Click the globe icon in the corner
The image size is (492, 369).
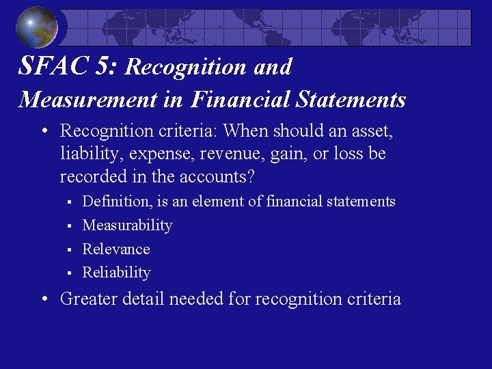[36, 27]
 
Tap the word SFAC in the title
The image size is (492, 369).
[46, 66]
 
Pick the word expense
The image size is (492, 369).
[149, 154]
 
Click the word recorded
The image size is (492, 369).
[91, 177]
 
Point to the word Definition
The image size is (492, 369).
[114, 202]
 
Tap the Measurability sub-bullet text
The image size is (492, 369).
[127, 225]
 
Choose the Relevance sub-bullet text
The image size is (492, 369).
[115, 249]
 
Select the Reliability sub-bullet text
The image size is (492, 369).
[116, 272]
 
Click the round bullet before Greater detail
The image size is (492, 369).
[43, 299]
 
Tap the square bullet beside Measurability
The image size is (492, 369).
[69, 225]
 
